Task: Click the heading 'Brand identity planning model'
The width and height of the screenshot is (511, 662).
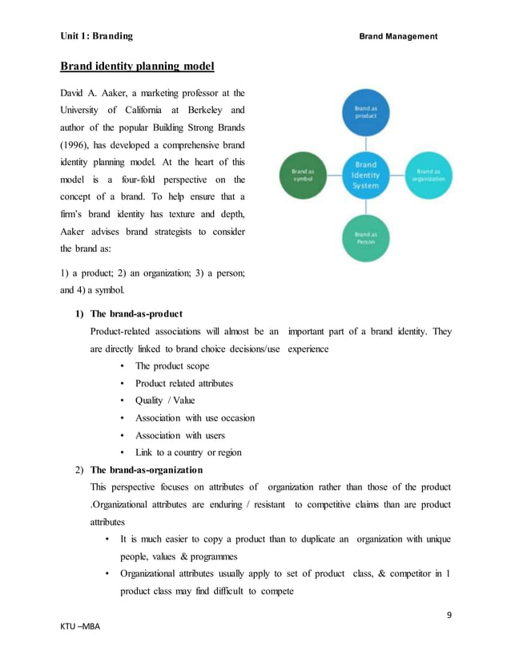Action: point(138,66)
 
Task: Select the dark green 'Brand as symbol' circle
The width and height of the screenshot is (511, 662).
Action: point(304,174)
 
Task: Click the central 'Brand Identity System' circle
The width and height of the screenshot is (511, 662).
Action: point(366,174)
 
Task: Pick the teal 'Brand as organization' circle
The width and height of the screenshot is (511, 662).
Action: point(429,174)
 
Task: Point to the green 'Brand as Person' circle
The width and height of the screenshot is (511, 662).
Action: point(366,236)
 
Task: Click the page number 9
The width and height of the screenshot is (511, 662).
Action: point(449,615)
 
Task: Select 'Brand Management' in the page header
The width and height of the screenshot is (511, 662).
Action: point(398,36)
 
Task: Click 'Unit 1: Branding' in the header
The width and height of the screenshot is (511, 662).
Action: point(96,36)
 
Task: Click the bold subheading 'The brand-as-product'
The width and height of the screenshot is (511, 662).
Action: point(136,313)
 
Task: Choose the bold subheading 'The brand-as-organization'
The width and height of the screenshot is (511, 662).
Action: point(147,470)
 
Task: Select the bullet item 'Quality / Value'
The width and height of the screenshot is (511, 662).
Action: point(165,401)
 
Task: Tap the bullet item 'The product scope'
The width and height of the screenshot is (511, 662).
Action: point(172,365)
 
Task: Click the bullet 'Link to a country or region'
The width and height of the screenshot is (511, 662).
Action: point(188,453)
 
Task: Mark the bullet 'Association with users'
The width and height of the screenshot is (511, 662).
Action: point(180,435)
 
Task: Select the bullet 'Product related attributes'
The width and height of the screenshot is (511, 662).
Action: point(184,383)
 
